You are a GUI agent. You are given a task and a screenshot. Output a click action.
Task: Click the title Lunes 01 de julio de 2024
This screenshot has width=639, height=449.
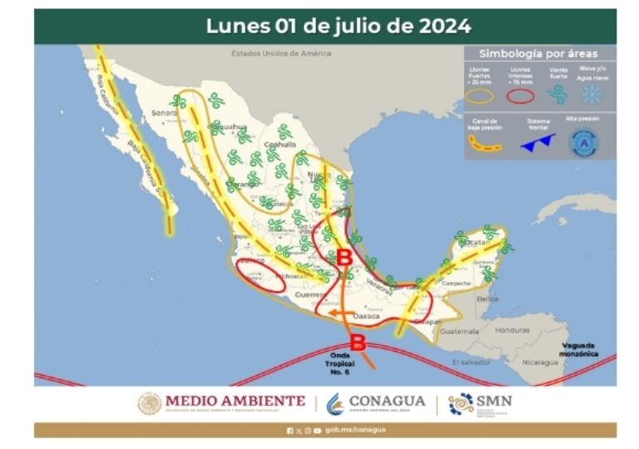click(338, 26)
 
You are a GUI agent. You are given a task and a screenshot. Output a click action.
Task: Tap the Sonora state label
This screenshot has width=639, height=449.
click(164, 113)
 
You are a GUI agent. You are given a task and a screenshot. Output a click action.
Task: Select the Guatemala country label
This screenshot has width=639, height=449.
click(460, 331)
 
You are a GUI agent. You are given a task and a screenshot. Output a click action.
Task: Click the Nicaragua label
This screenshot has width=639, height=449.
click(541, 362)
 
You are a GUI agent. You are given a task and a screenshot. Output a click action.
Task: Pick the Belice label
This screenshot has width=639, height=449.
click(488, 298)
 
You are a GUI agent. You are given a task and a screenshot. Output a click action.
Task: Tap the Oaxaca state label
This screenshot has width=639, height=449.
click(366, 317)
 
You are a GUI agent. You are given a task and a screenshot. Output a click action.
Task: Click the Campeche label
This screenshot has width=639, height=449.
click(456, 283)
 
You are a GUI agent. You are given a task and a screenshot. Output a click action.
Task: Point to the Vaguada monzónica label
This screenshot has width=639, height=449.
click(579, 349)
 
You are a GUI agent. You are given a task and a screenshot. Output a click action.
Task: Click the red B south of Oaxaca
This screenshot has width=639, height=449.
click(358, 340)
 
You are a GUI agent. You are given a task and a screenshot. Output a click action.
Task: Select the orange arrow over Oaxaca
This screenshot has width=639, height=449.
click(338, 313)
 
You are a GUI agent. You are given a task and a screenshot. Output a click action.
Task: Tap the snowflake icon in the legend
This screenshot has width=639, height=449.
click(592, 94)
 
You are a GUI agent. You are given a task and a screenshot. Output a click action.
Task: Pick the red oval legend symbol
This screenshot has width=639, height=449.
click(521, 95)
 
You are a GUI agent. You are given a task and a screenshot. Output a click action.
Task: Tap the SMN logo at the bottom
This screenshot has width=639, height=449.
click(480, 403)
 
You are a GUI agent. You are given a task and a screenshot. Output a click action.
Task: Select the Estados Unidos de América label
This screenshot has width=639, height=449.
click(281, 53)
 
